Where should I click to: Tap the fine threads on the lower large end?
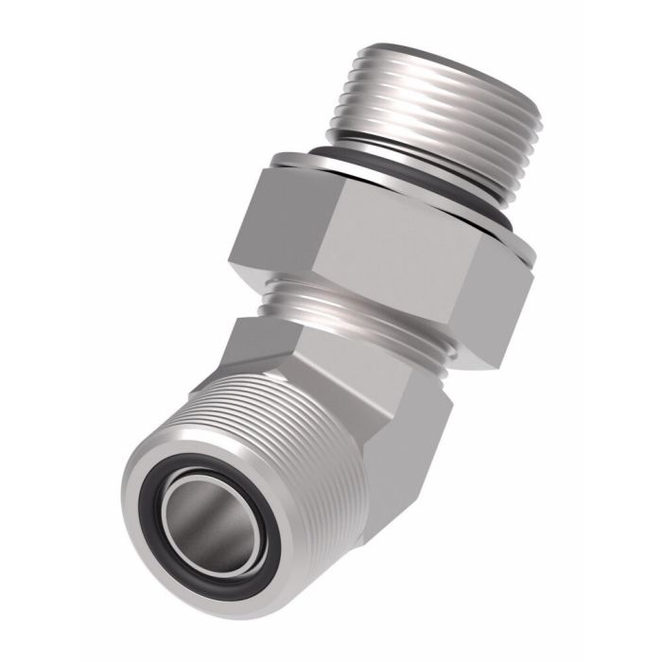284,426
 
